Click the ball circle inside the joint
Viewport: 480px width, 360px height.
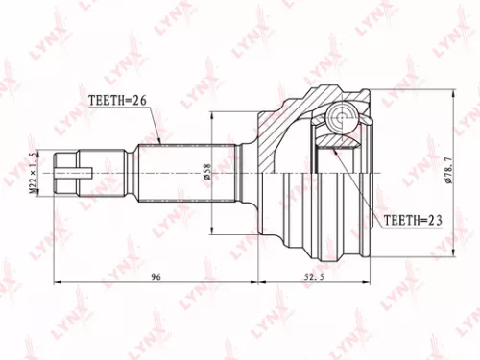tap(341, 119)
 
